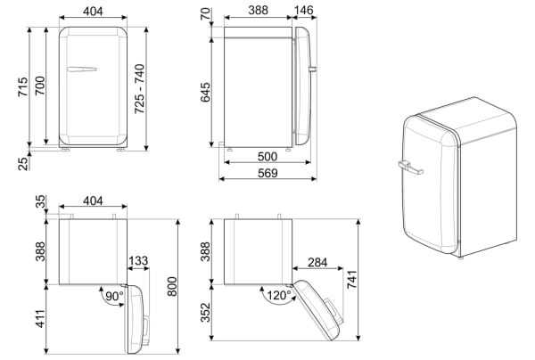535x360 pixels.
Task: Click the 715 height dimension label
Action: (x=23, y=87)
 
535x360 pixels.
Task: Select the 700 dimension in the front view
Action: (x=40, y=86)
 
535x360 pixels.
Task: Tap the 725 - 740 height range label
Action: (x=140, y=88)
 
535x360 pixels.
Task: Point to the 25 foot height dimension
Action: (x=23, y=164)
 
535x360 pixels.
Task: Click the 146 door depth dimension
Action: (x=303, y=10)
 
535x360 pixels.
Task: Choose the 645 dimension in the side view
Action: (x=205, y=92)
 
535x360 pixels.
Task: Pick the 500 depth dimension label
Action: (x=267, y=157)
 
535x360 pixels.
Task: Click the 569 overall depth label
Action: (x=267, y=173)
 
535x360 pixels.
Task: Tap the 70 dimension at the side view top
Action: (x=205, y=14)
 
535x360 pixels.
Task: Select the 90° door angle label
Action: (x=114, y=296)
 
